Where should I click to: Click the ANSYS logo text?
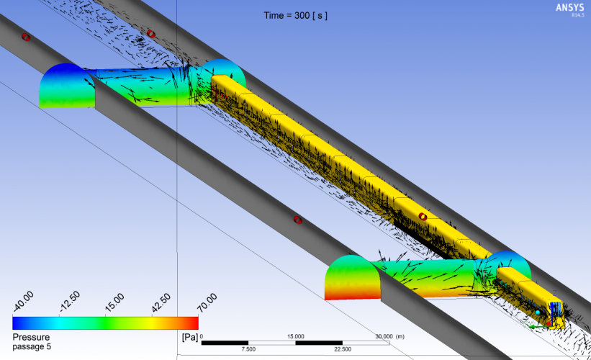click(x=570, y=7)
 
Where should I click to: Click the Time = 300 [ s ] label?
click(x=295, y=15)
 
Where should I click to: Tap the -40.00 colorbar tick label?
click(x=23, y=301)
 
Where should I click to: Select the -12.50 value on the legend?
click(x=70, y=302)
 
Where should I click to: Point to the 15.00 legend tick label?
click(x=114, y=302)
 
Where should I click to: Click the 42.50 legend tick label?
click(x=161, y=303)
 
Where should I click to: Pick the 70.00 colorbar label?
click(x=207, y=302)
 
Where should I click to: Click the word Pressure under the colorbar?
click(x=31, y=337)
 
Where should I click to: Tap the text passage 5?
click(x=32, y=346)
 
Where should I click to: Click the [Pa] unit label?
click(x=190, y=337)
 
